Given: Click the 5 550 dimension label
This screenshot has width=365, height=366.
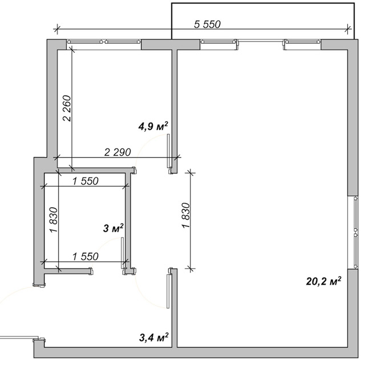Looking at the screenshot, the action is tap(207, 24).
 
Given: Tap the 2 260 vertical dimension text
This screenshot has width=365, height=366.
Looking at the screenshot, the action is tap(67, 108).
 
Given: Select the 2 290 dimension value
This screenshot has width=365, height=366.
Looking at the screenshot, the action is tap(117, 153).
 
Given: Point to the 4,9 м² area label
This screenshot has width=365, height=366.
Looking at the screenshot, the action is tap(153, 126).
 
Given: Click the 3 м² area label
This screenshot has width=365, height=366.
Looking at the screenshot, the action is tap(113, 228).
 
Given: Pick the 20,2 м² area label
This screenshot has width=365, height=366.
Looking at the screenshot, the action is tap(323, 281).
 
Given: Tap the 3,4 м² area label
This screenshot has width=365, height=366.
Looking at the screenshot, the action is tap(153, 338).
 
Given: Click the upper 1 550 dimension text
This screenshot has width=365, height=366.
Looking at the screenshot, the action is tap(86, 181).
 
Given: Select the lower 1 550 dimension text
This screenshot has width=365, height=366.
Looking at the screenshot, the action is tap(86, 257).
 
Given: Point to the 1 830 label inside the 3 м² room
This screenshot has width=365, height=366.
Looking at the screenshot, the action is tap(53, 220).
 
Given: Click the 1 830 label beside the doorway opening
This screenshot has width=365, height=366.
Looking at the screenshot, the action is tap(186, 216).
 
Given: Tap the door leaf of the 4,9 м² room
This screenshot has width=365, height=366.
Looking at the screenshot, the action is tap(168, 150).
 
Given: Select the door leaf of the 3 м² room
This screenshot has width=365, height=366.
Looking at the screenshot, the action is tap(122, 253).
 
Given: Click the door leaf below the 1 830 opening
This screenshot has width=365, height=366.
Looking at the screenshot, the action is tap(168, 291).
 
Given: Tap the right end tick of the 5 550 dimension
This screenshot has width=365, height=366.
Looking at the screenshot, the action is tap(348, 29).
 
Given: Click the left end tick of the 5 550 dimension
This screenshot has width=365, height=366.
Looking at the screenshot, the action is tap(57, 29).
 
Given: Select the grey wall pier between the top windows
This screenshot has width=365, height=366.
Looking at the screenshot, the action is tap(171, 44).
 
